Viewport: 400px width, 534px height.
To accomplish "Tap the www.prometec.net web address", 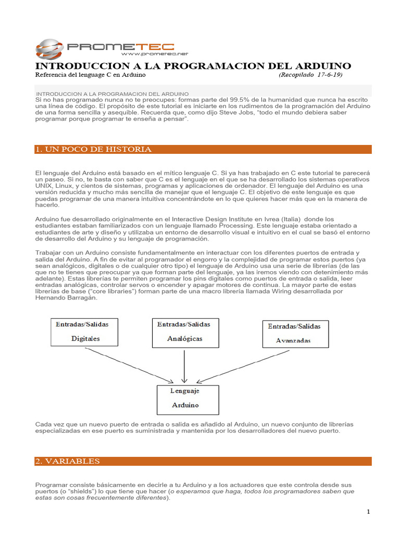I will [x=154, y=54].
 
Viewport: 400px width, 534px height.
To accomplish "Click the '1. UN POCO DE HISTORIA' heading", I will [x=93, y=149].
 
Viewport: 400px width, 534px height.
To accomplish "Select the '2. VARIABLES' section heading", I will [x=67, y=461].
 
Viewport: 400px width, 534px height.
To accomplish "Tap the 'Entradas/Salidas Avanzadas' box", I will [x=295, y=333].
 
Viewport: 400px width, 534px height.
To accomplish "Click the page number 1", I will [x=368, y=512].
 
